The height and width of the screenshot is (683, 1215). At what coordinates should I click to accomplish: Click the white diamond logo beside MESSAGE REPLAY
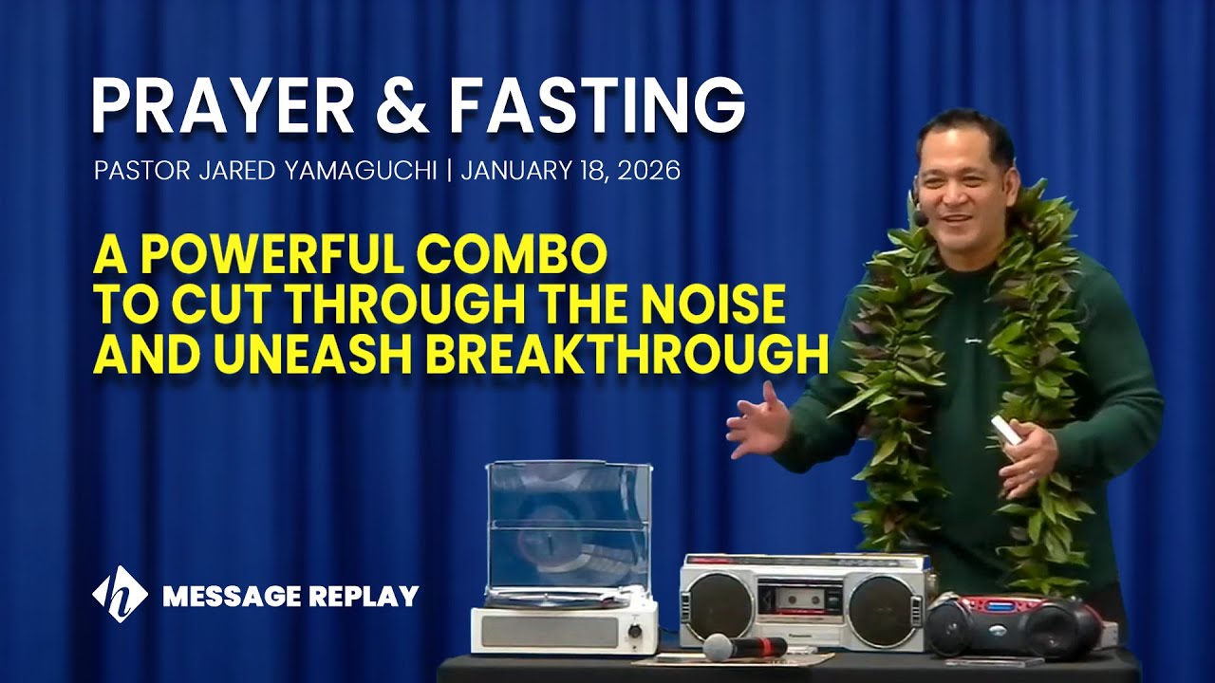(120, 595)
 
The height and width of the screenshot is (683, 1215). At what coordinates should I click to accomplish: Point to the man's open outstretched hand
(758, 423)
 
